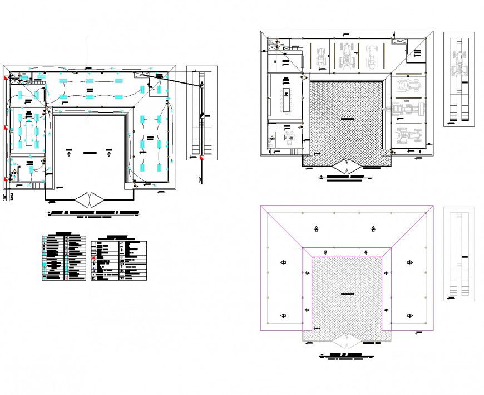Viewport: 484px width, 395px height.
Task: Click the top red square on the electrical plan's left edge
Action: [x=6, y=79]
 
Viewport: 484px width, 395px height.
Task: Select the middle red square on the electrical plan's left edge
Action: [x=6, y=128]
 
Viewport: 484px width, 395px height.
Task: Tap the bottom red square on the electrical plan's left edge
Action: [x=6, y=179]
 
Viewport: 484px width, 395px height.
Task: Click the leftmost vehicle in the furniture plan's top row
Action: [x=322, y=57]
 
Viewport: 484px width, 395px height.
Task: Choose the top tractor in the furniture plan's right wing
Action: [x=409, y=86]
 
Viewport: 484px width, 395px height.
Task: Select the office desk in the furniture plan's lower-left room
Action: [x=289, y=137]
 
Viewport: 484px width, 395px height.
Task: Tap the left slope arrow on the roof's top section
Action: [x=316, y=228]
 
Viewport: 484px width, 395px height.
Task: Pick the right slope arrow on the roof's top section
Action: [x=373, y=228]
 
